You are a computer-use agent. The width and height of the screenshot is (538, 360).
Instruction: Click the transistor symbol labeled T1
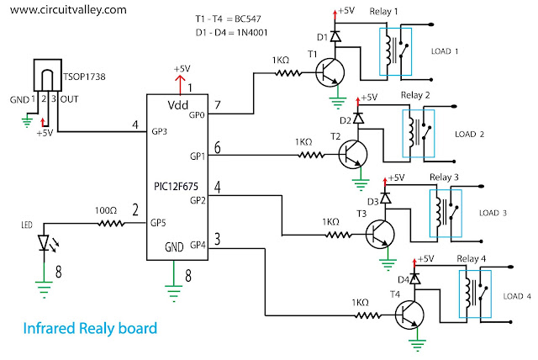[x=329, y=74]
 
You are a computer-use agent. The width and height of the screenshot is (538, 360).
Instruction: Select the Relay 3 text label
[x=443, y=177]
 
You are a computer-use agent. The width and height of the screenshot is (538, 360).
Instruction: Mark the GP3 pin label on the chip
[x=161, y=132]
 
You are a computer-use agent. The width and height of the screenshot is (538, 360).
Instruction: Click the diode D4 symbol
[x=414, y=277]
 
